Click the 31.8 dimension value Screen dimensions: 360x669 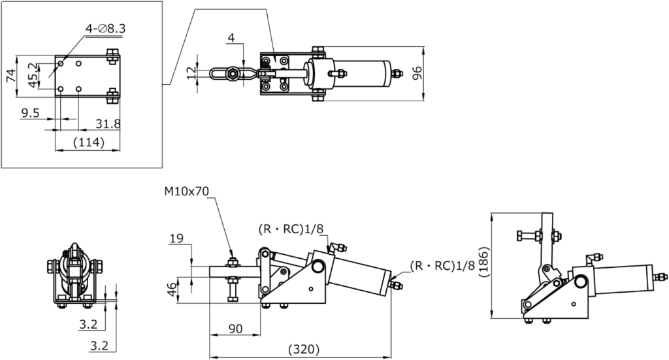[x=107, y=123]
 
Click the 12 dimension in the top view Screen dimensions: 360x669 [x=191, y=73]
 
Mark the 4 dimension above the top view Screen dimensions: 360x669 [x=231, y=39]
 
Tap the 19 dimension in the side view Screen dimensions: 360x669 [x=175, y=238]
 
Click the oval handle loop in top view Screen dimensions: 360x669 [x=217, y=74]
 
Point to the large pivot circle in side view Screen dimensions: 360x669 [x=318, y=267]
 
